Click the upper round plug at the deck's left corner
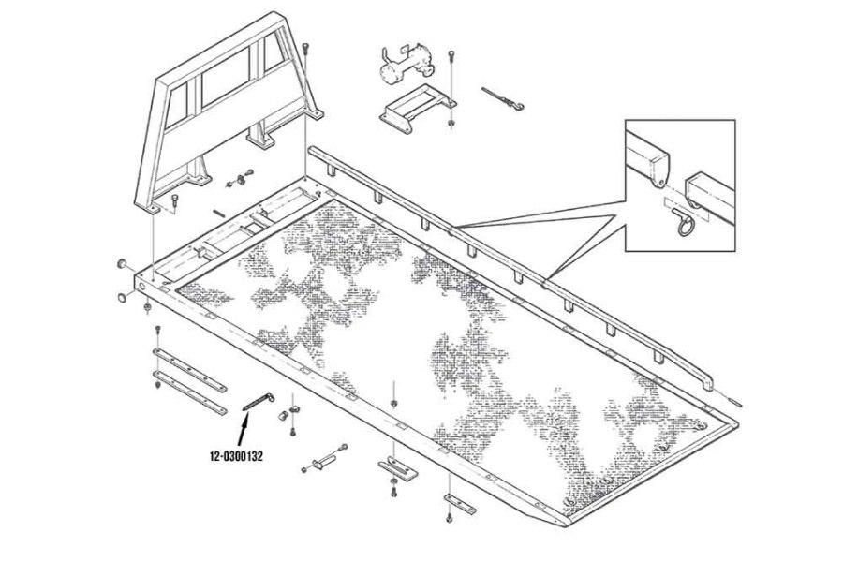(x=122, y=266)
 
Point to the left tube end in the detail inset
(x=654, y=160)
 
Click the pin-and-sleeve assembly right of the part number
(x=324, y=463)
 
